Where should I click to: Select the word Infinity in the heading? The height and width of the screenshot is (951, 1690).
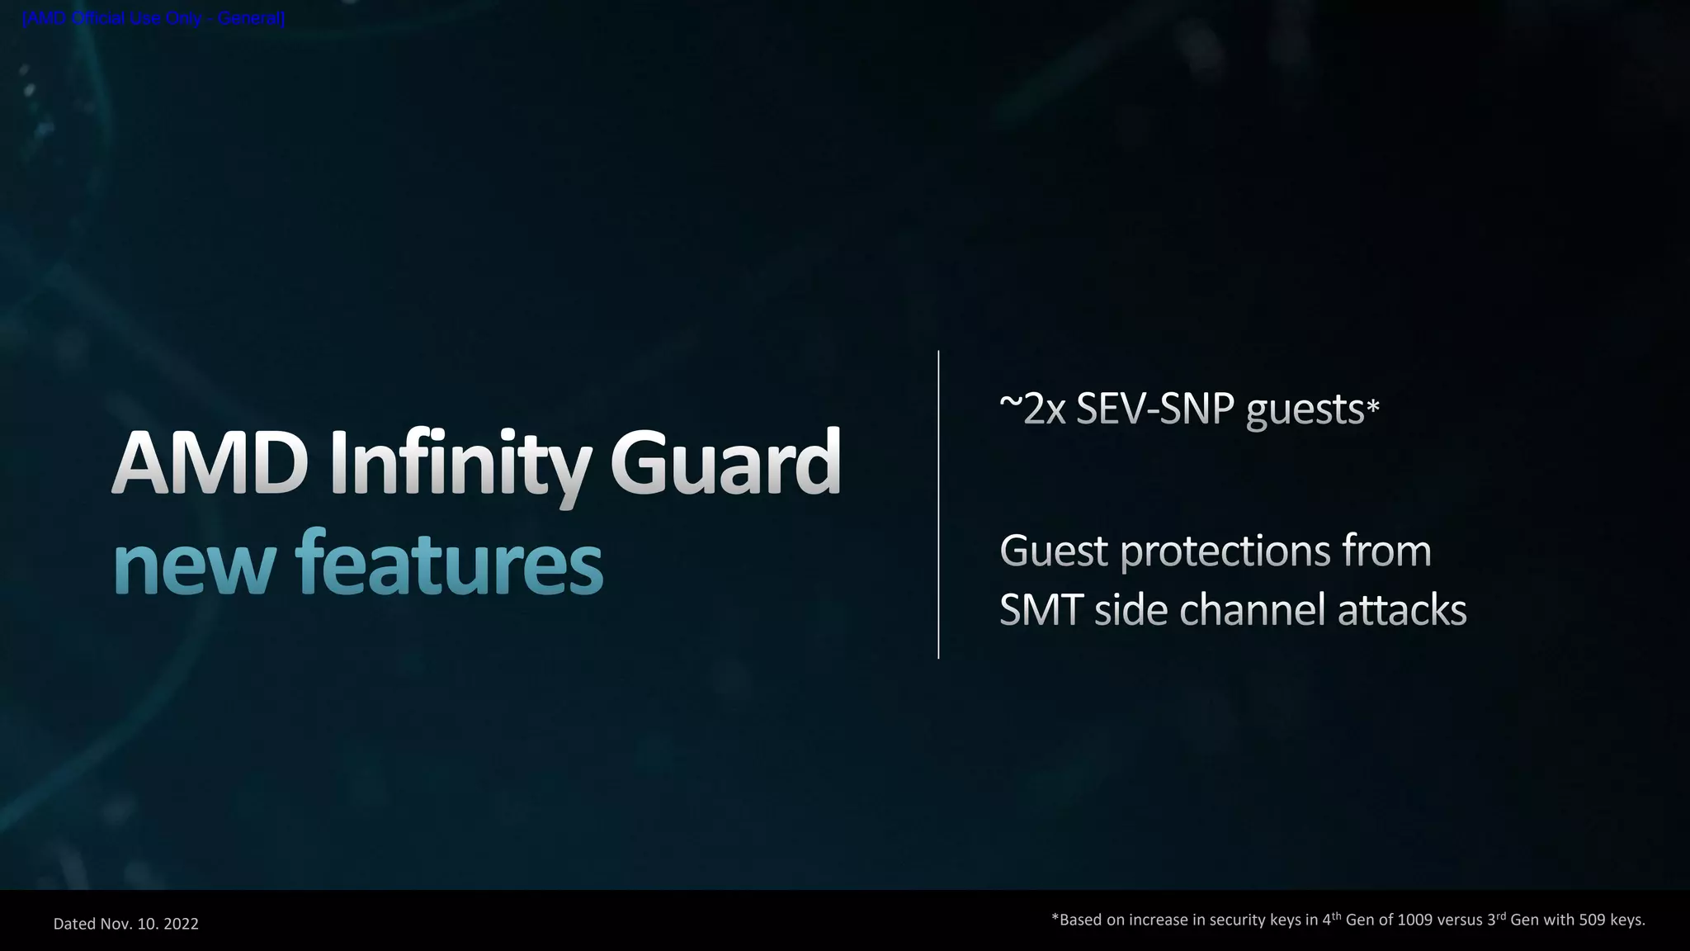[x=460, y=464]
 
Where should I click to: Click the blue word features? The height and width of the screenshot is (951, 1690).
[x=449, y=563]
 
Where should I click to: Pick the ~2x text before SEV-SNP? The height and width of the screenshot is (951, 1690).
[x=1032, y=409]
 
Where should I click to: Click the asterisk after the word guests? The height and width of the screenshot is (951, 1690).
[x=1373, y=407]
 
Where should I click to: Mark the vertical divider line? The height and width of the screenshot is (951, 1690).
[x=938, y=504]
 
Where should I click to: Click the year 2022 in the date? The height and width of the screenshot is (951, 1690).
[x=181, y=924]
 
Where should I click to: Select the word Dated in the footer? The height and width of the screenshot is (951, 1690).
[x=75, y=924]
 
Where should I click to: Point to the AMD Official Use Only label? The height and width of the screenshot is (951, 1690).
[x=153, y=18]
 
